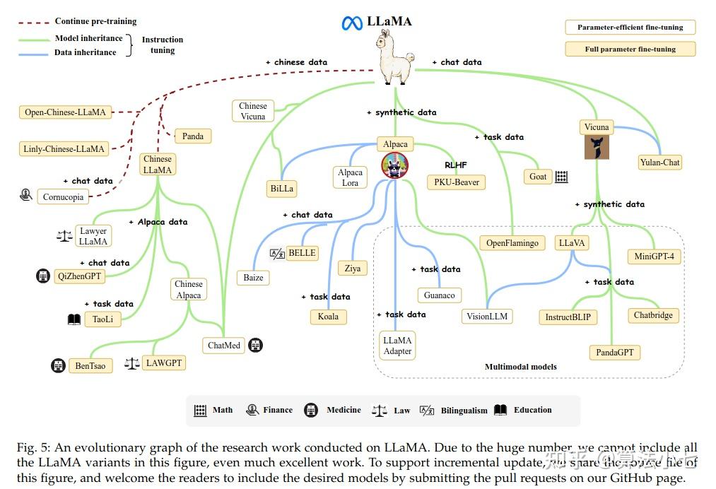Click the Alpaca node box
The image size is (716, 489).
pyautogui.click(x=395, y=144)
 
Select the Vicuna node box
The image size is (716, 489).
pyautogui.click(x=597, y=127)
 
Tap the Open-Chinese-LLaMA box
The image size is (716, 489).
pyautogui.click(x=65, y=112)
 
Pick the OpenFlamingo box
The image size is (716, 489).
pyautogui.click(x=512, y=243)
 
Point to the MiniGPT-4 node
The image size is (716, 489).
pyautogui.click(x=654, y=257)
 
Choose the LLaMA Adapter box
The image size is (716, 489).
pyautogui.click(x=397, y=346)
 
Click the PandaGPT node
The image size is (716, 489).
pyautogui.click(x=614, y=352)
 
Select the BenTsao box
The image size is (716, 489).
pyautogui.click(x=90, y=366)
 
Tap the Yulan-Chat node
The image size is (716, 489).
pyautogui.click(x=659, y=163)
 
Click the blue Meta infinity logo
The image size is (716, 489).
pyautogui.click(x=352, y=23)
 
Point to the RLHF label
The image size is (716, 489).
pyautogui.click(x=456, y=165)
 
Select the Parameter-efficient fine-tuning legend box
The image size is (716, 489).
pyautogui.click(x=630, y=28)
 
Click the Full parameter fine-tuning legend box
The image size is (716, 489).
pyautogui.click(x=630, y=49)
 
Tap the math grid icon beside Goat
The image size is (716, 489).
pyautogui.click(x=561, y=177)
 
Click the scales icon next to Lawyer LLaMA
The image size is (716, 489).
pyautogui.click(x=64, y=236)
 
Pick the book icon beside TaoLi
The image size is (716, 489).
pyautogui.click(x=74, y=319)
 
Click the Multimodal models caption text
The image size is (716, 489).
pyautogui.click(x=520, y=367)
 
